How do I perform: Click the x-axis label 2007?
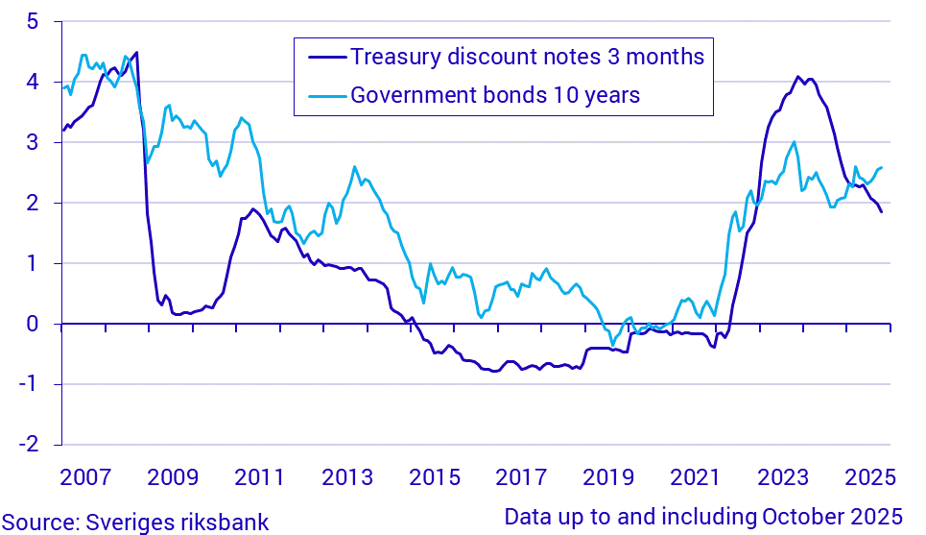click(x=84, y=477)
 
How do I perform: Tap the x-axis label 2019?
click(x=607, y=477)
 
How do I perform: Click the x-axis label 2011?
click(x=259, y=477)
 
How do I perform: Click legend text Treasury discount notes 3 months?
click(x=527, y=57)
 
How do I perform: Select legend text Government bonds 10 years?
click(x=495, y=95)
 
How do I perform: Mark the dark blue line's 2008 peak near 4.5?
click(x=137, y=52)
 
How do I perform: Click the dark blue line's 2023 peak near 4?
click(x=797, y=77)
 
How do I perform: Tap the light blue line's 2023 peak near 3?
click(x=794, y=142)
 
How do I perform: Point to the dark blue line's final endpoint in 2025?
click(x=881, y=211)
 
